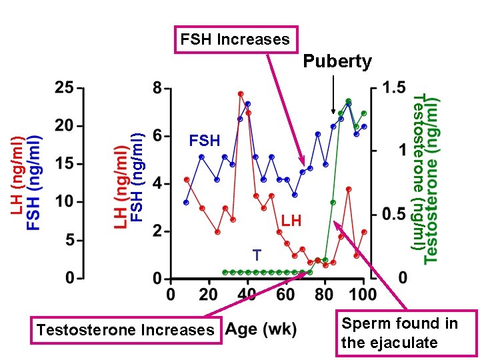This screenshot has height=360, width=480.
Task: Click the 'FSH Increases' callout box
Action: coord(235,39)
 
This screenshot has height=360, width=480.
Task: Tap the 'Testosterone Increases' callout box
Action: coord(126,329)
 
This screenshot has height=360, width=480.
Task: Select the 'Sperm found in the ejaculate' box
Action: coord(406,333)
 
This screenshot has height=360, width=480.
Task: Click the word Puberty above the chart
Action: coord(337,62)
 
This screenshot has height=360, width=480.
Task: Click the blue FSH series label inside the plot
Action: coord(204,141)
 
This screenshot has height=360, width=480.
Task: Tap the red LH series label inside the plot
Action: coord(291,220)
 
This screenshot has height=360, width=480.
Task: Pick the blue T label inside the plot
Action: coord(257,255)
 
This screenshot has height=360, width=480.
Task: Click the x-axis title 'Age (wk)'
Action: coord(261,329)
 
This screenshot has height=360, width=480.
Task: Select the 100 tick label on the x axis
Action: coord(363,294)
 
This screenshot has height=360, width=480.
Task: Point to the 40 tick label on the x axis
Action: coord(247,294)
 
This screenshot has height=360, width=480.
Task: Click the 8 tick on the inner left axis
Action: coord(157,88)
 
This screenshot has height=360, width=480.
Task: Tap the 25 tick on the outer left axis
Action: coord(64,88)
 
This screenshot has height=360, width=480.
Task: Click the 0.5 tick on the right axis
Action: coord(394,215)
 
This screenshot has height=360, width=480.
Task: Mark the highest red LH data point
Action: coord(241,94)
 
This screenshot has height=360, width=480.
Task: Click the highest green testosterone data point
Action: coord(349,101)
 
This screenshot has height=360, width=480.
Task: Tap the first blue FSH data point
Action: coord(186,202)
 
